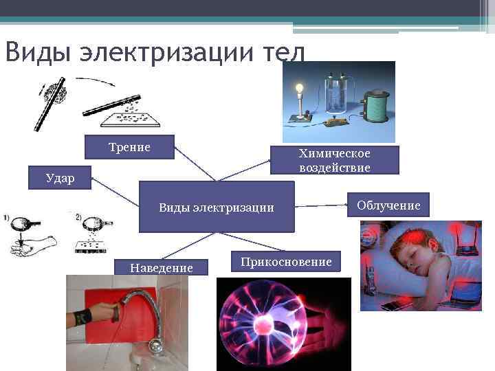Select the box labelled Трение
[x=129, y=147]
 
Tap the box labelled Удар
[x=60, y=177]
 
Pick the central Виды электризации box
[x=217, y=207]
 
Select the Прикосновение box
[x=286, y=262]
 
